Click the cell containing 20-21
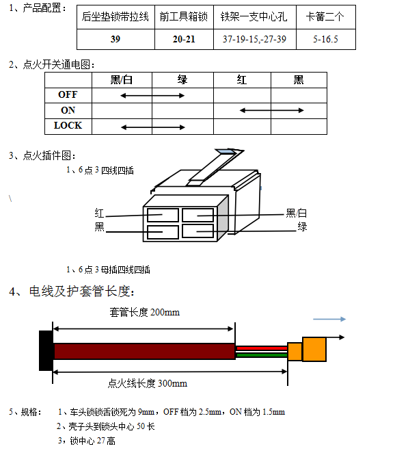click(x=184, y=39)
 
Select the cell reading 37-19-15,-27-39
click(x=255, y=39)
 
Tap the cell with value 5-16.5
click(x=326, y=39)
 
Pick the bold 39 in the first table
click(x=115, y=39)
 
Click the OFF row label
click(x=68, y=94)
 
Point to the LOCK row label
click(x=68, y=125)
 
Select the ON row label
click(x=68, y=110)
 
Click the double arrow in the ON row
click(x=271, y=110)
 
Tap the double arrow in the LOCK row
click(x=153, y=127)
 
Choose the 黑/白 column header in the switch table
click(x=122, y=80)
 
